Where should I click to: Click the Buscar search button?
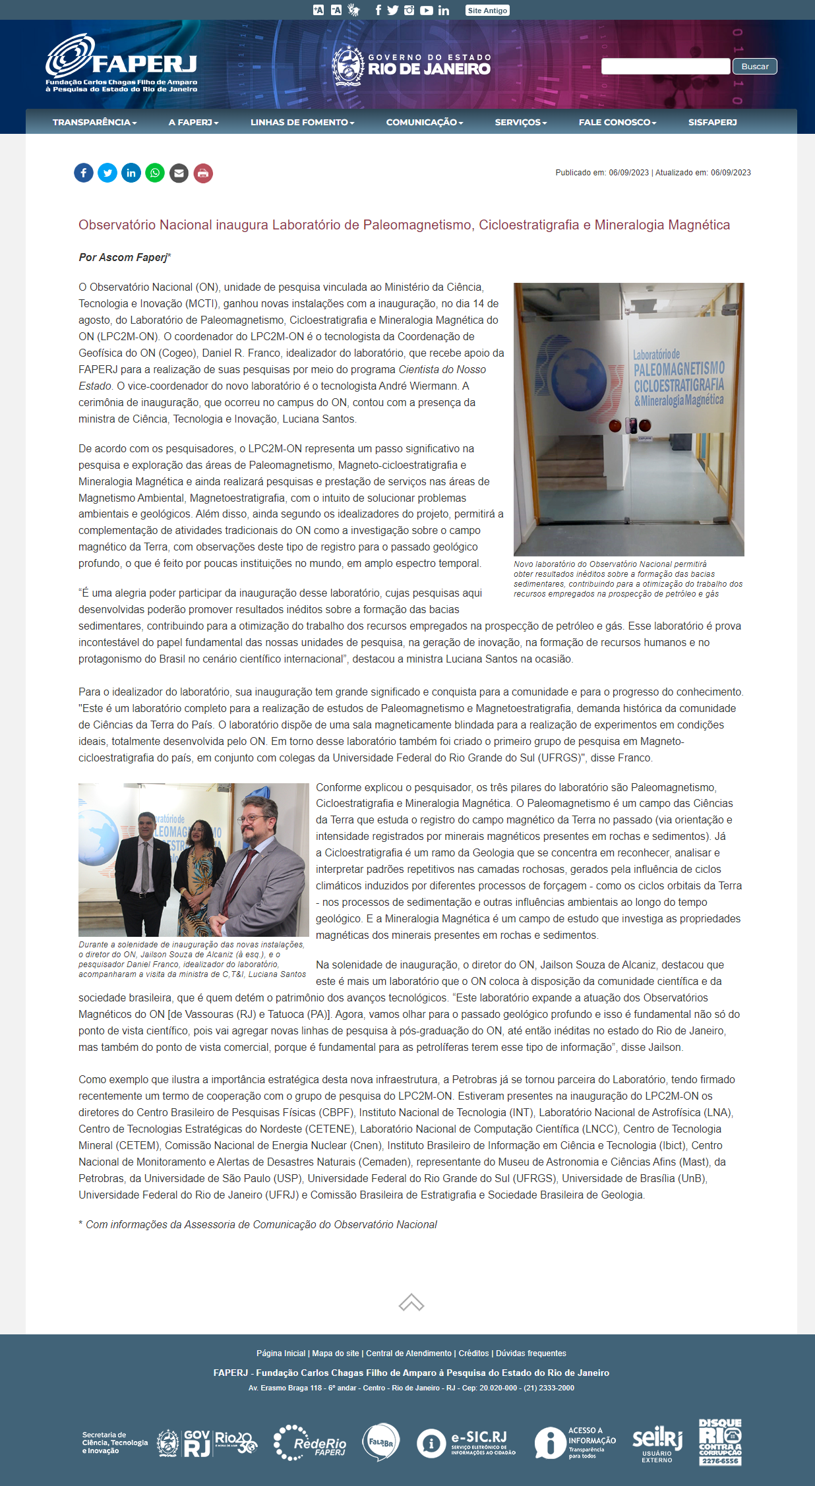coord(754,67)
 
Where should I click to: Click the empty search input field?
coord(665,67)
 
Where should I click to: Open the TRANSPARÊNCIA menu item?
coord(94,123)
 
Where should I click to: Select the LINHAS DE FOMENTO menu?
coord(302,123)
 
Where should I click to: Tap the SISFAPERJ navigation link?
coord(712,123)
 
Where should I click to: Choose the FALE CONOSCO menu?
coord(617,123)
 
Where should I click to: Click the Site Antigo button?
coord(487,11)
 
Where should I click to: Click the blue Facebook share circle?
coord(84,173)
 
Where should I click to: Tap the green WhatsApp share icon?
coord(155,173)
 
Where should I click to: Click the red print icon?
coord(203,173)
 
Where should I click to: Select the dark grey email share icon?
coord(179,173)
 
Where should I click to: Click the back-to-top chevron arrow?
coord(411,1303)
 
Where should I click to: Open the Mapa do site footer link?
coord(336,1353)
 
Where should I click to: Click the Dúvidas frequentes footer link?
coord(531,1353)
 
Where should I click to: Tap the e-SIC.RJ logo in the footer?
coord(466,1442)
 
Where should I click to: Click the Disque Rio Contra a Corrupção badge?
coord(720,1442)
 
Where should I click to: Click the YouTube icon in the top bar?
coord(427,11)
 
